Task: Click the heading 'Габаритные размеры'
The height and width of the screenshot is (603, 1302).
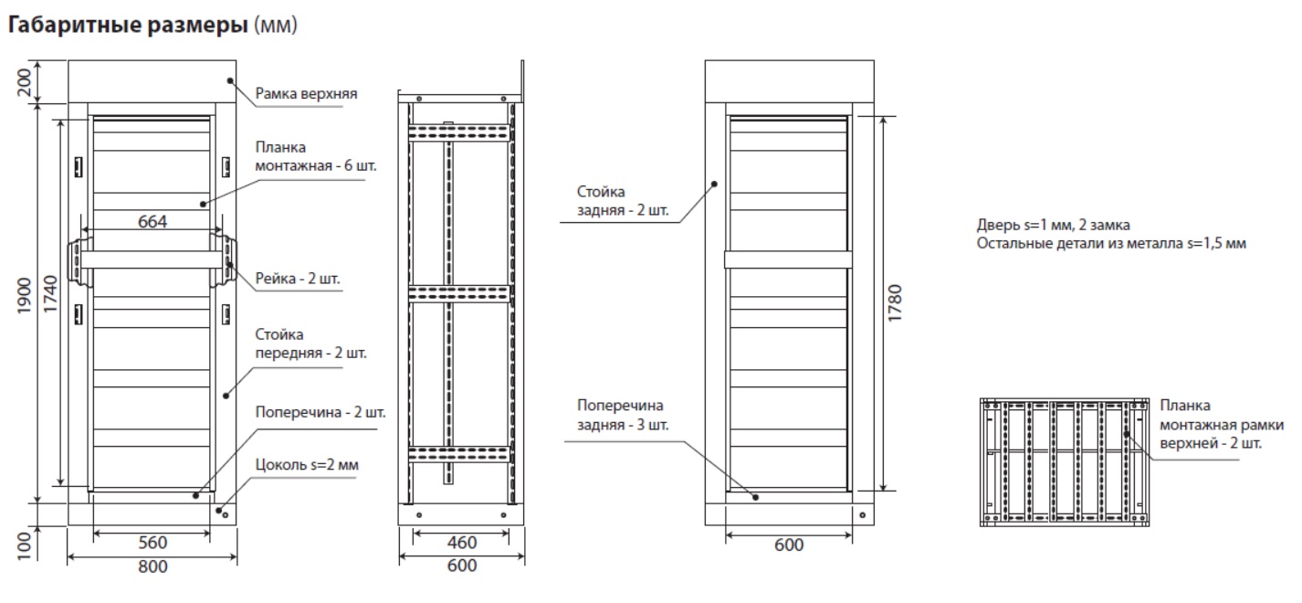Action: (x=128, y=25)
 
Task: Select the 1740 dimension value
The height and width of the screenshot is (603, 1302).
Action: (x=50, y=294)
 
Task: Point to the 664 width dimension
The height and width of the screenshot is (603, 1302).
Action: (x=152, y=221)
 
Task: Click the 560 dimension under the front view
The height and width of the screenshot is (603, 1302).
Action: (x=152, y=543)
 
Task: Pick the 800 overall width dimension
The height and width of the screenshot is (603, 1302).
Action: (x=152, y=566)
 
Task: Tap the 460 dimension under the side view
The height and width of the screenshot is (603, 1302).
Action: (x=461, y=543)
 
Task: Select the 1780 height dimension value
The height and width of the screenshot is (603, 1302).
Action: (x=895, y=303)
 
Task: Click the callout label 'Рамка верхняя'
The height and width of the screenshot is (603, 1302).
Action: (x=306, y=93)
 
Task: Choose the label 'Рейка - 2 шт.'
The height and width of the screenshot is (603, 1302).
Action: (x=298, y=279)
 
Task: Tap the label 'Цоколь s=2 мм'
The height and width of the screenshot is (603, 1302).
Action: (x=307, y=465)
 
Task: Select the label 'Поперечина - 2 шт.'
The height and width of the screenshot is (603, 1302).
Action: (x=320, y=412)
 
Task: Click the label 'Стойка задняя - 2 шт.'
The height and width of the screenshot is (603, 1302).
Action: (x=623, y=201)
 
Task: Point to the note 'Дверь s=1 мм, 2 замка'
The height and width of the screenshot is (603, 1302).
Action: (x=1054, y=225)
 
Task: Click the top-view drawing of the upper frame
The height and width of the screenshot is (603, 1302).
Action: (x=1065, y=462)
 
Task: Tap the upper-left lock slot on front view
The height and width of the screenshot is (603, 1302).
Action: (x=78, y=167)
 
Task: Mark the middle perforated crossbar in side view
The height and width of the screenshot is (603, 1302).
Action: (x=459, y=293)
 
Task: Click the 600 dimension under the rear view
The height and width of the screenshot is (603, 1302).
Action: (x=789, y=545)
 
